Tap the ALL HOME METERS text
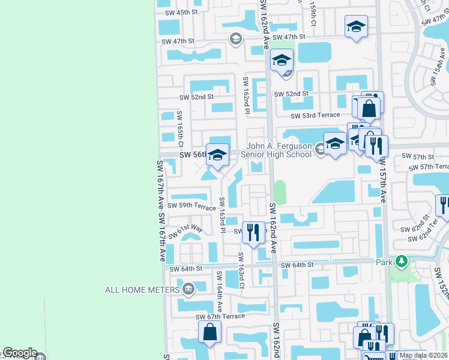(142, 290)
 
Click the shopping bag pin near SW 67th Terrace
(209, 332)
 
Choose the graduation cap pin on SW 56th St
(217, 155)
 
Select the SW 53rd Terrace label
(315, 115)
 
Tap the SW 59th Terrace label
(191, 206)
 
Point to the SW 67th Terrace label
(220, 316)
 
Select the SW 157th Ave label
(382, 182)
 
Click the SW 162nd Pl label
(246, 94)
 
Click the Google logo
(19, 353)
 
